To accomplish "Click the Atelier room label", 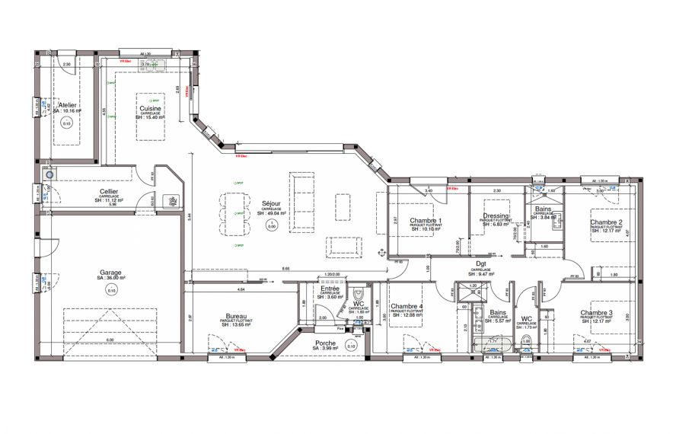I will tap(69, 105).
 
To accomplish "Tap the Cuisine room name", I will tap(150, 109).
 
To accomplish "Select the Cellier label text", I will tap(108, 192).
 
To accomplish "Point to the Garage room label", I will tap(110, 273).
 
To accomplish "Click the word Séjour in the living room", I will tap(270, 204).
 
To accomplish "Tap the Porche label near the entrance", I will tap(326, 343).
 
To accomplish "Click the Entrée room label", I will tap(330, 289).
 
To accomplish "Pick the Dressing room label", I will tap(496, 216).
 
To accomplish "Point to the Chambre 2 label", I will tap(607, 223).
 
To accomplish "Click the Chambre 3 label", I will tap(596, 313).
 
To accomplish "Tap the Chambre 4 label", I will tap(406, 307).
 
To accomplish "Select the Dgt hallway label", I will tap(480, 264).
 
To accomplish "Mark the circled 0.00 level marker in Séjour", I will tap(270, 226).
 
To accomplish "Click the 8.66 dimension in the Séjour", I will tap(285, 269).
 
